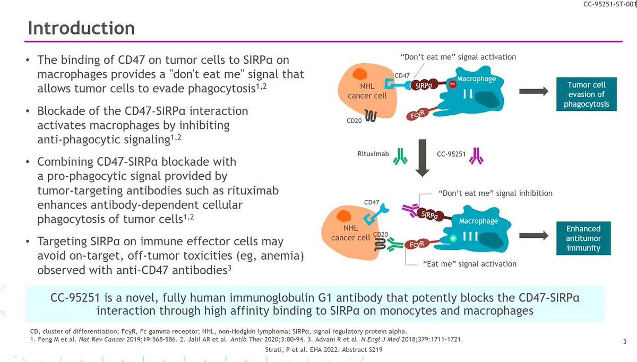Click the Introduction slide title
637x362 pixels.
click(x=81, y=28)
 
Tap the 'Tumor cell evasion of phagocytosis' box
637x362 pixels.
click(x=587, y=94)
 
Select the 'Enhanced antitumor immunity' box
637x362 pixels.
click(x=583, y=238)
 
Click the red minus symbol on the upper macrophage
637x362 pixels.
click(x=452, y=84)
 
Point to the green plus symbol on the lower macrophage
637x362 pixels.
click(x=453, y=238)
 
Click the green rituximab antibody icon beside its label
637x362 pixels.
click(x=400, y=156)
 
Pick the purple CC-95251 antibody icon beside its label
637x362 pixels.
click(x=476, y=156)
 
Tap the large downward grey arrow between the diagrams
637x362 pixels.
click(x=423, y=158)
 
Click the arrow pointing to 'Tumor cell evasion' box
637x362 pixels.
click(x=534, y=91)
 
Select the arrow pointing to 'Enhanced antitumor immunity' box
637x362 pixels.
click(x=534, y=236)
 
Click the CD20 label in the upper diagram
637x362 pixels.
click(x=354, y=120)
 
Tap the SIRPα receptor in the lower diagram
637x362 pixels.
click(x=429, y=215)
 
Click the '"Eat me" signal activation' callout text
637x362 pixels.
click(x=470, y=264)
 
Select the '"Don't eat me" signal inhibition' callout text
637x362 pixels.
click(x=495, y=193)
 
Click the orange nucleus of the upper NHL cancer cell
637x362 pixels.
click(x=360, y=74)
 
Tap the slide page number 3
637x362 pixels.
click(x=625, y=341)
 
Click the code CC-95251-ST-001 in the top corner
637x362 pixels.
click(x=609, y=4)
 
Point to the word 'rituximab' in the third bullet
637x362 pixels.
click(x=253, y=191)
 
